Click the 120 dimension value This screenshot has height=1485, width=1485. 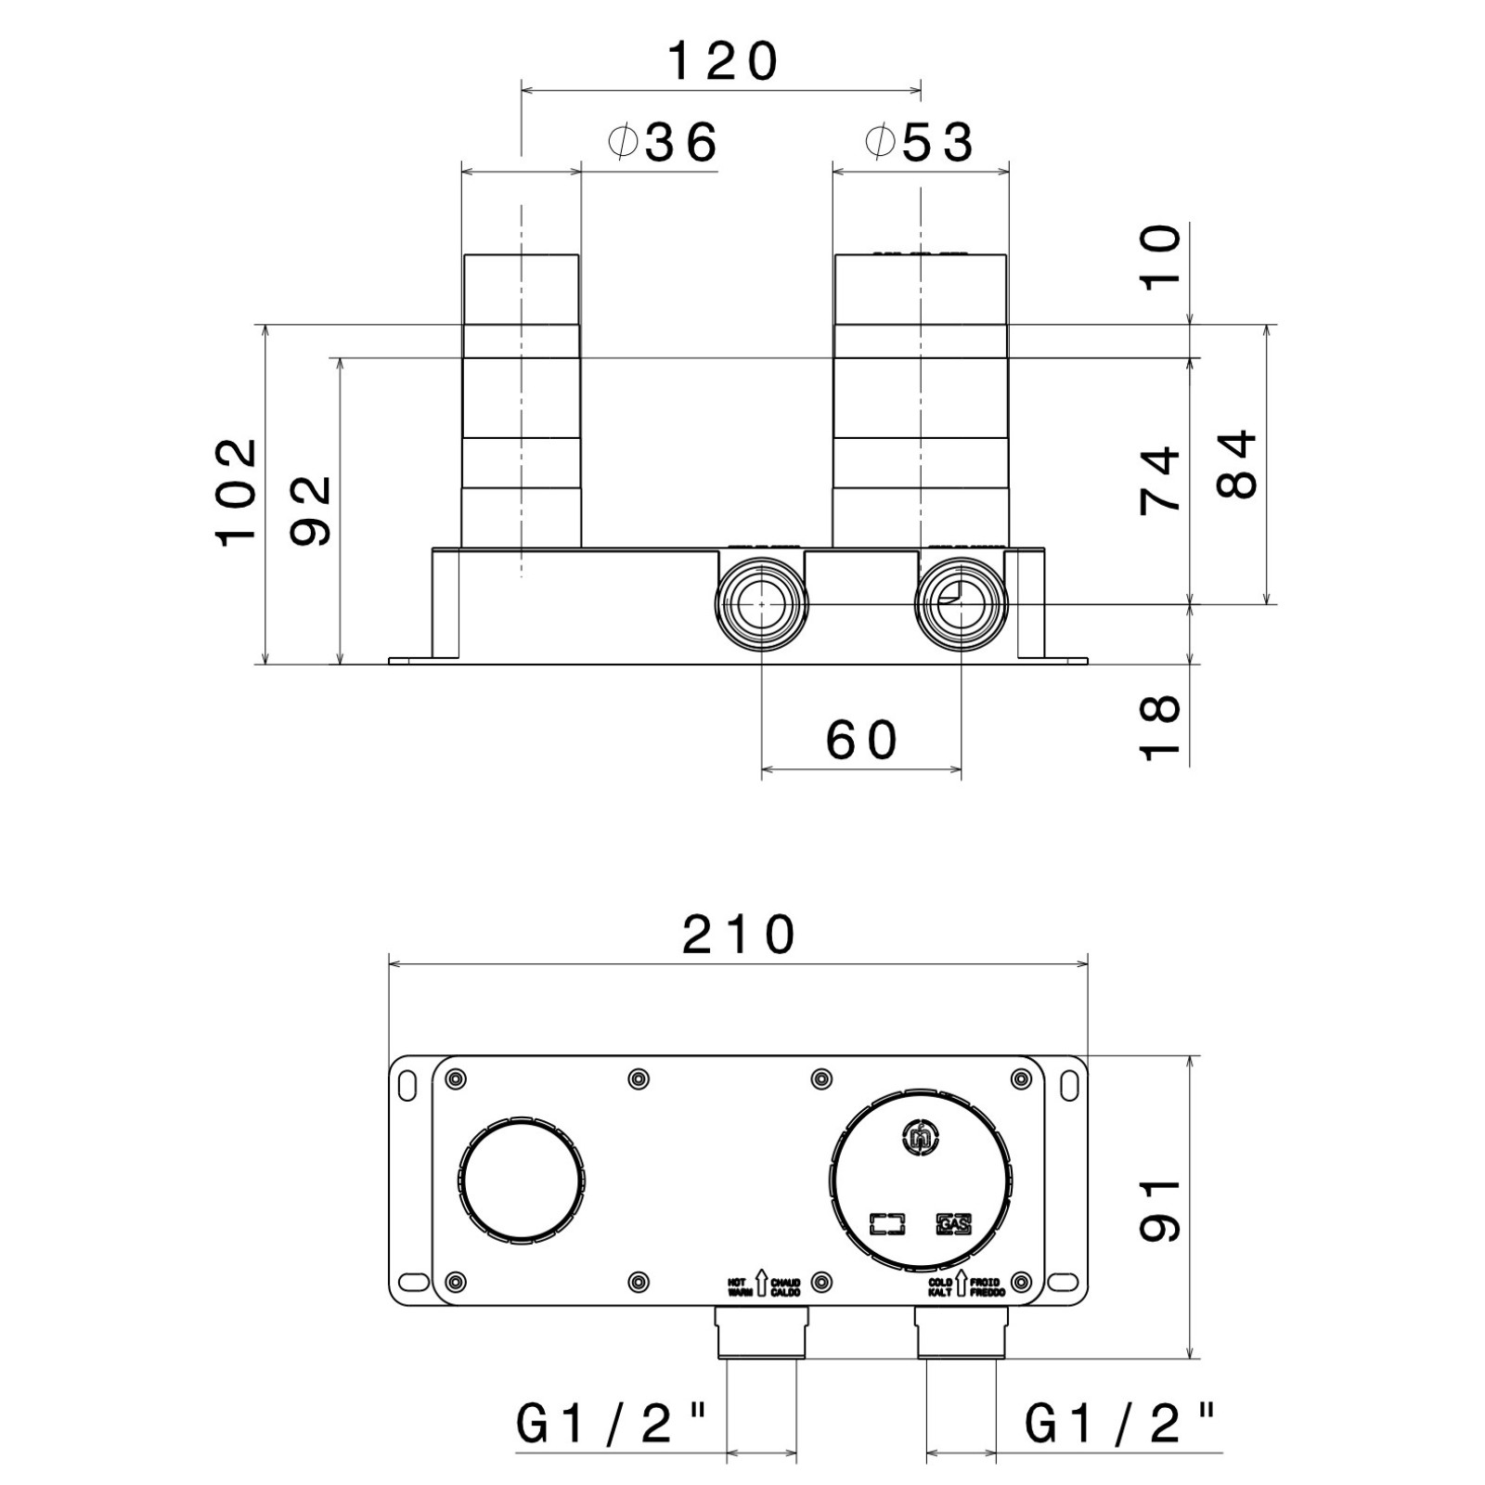[x=723, y=63]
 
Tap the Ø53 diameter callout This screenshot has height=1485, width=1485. [x=920, y=143]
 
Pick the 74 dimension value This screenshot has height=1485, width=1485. [x=1161, y=479]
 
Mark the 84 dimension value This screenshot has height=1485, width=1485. [x=1237, y=464]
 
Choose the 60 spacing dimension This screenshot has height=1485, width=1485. [x=861, y=741]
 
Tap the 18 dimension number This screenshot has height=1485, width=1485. [x=1161, y=728]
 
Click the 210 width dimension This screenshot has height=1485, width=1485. [x=739, y=936]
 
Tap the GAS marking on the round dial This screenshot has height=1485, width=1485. [x=953, y=1225]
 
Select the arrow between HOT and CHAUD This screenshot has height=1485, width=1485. [x=760, y=1285]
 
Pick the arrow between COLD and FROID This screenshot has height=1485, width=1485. [x=962, y=1285]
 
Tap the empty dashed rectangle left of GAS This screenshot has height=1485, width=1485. [x=889, y=1225]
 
